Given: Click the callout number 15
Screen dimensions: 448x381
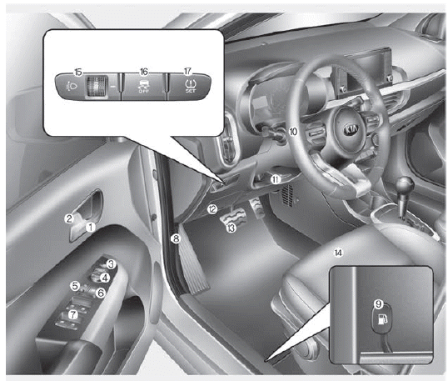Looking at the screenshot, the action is [78, 72].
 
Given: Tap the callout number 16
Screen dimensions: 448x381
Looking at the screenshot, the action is [144, 72].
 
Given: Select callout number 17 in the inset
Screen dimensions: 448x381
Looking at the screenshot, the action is [187, 71].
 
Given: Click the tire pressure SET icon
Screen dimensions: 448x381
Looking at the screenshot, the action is [190, 87].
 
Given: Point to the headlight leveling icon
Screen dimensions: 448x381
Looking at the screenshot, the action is [70, 86].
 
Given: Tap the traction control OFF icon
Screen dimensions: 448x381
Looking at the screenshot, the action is [143, 87].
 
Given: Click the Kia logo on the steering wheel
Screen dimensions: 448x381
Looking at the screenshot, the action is [351, 129].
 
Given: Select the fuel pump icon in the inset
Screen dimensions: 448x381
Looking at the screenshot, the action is [382, 319].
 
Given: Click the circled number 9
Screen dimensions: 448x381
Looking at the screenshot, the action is [379, 303].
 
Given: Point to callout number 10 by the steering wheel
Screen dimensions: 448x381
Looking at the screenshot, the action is [293, 132].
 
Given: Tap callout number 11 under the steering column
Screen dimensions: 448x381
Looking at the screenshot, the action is [276, 179].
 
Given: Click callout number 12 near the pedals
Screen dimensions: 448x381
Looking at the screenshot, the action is [212, 209].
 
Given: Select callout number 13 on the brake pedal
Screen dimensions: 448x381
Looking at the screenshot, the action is [231, 228].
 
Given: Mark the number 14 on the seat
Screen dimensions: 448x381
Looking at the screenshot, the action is [338, 253].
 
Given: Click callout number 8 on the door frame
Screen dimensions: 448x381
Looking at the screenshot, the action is [176, 238].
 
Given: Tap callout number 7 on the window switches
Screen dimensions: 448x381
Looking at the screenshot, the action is [73, 314].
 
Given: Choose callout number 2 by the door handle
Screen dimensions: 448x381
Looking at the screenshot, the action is [69, 218].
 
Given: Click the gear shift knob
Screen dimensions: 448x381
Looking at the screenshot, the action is [406, 185].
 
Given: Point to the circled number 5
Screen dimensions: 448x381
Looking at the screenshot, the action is [75, 285].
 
